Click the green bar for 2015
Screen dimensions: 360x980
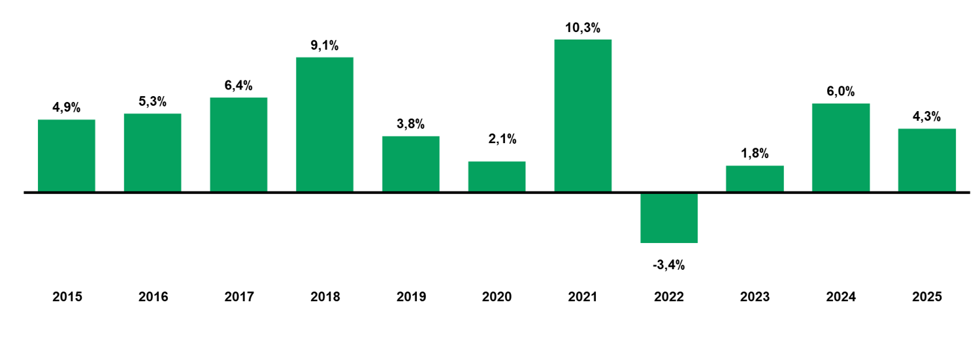coord(66,155)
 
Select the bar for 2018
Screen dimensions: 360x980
coord(325,124)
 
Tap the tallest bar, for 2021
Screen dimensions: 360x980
coord(583,116)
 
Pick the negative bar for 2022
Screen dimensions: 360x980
coord(669,218)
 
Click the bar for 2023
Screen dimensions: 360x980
coord(755,178)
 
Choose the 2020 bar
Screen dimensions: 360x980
coord(497,176)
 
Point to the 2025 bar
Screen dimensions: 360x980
coord(926,160)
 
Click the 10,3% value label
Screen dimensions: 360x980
coord(583,28)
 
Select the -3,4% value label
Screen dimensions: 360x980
coord(668,265)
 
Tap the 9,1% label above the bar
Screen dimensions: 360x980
coord(325,46)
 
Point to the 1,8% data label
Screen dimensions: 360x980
coord(755,154)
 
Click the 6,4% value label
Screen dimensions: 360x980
coord(238,86)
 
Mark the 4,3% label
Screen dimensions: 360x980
coord(926,117)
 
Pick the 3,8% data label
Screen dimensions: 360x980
coord(411,124)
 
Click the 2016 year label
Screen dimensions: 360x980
coord(153,297)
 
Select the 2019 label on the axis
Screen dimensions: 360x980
coord(411,297)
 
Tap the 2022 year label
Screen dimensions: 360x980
coord(669,297)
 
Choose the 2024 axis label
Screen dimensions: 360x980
coord(841,297)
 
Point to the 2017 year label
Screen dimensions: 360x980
coord(238,297)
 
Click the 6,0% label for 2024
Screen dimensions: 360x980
coord(841,91)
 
